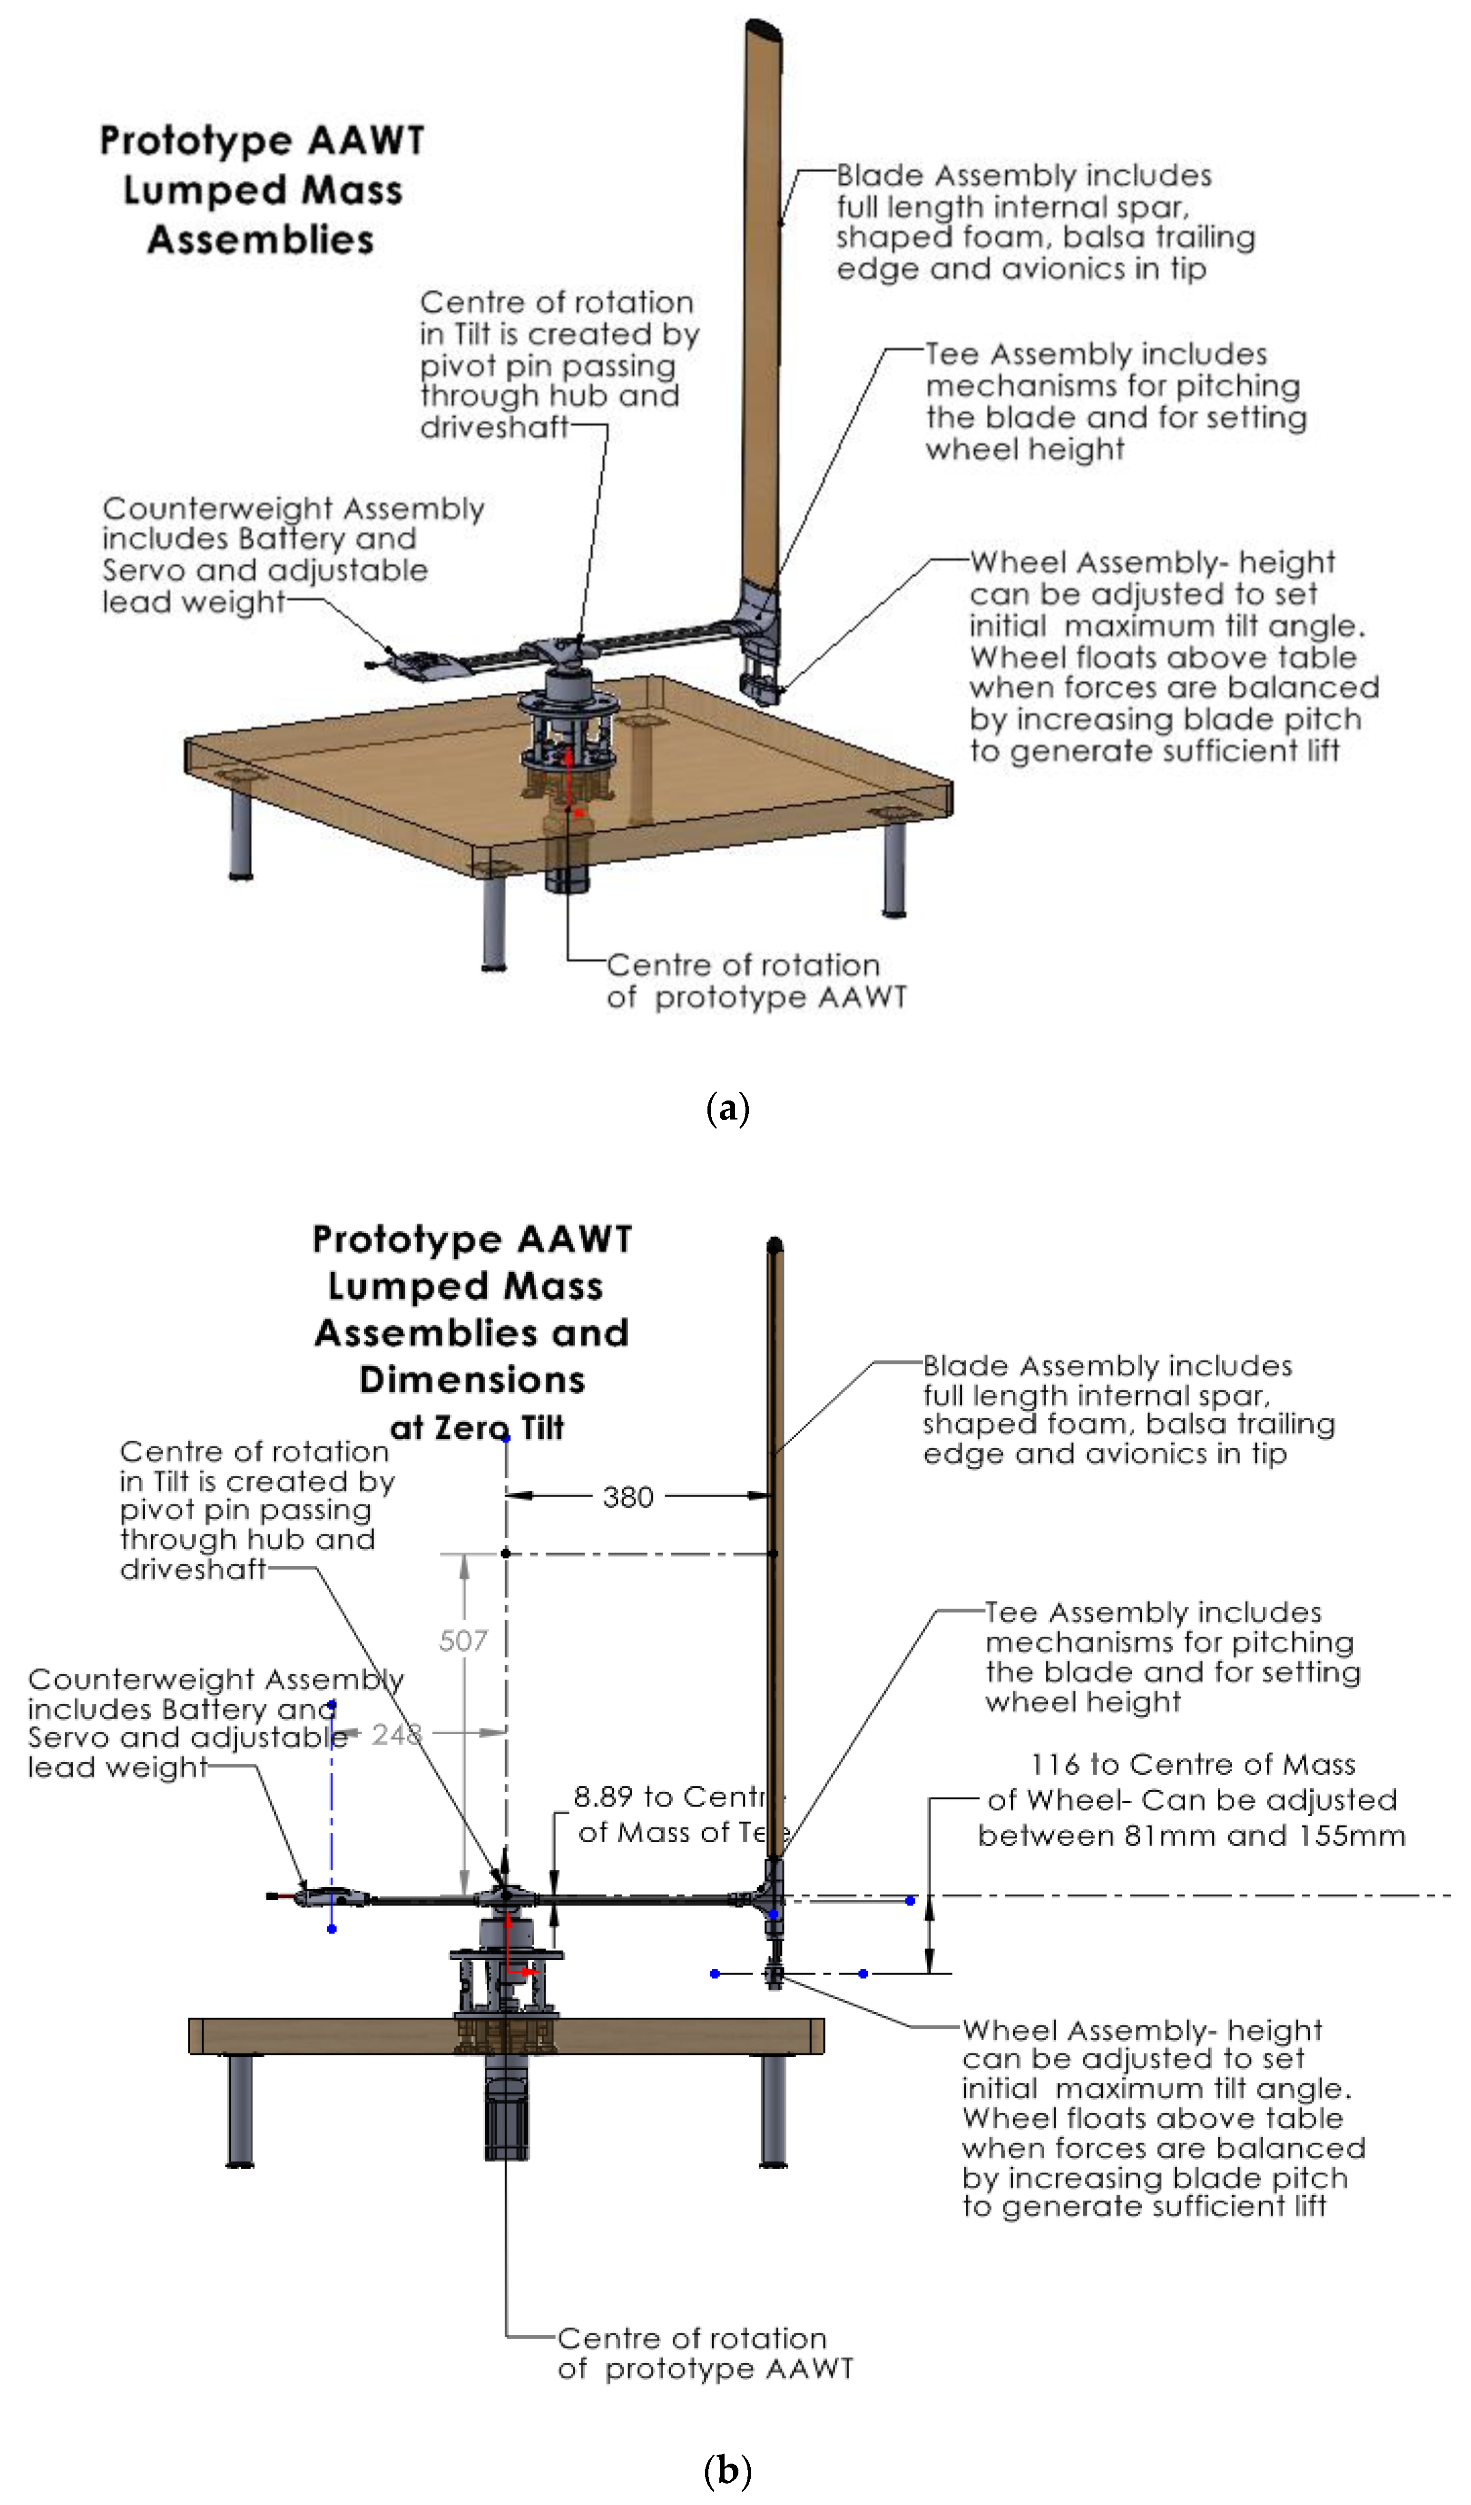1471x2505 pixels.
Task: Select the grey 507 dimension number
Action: click(463, 1640)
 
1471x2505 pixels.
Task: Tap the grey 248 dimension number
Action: click(397, 1735)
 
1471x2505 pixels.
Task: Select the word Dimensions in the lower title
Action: click(472, 1380)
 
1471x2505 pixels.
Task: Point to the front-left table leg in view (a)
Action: click(494, 920)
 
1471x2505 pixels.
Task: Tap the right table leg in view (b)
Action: click(773, 2107)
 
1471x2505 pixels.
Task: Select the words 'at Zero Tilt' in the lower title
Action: click(477, 1427)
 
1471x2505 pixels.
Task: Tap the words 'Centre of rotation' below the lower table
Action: click(692, 2338)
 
